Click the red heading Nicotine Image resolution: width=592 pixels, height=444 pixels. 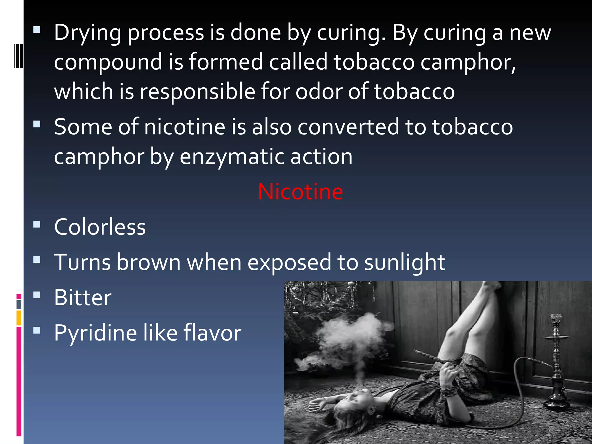point(300,192)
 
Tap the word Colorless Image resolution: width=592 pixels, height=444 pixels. point(100,227)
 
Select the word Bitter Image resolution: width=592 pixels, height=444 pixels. point(83,297)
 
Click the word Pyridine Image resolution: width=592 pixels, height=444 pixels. point(95,333)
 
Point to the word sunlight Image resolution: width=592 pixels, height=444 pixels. point(404,262)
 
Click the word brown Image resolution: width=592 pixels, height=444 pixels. point(149,262)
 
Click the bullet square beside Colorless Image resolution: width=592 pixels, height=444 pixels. point(37,225)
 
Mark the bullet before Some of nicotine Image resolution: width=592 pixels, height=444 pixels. point(37,125)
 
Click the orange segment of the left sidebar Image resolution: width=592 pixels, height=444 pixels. point(19,318)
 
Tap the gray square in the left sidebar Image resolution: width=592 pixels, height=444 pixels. point(19,305)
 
